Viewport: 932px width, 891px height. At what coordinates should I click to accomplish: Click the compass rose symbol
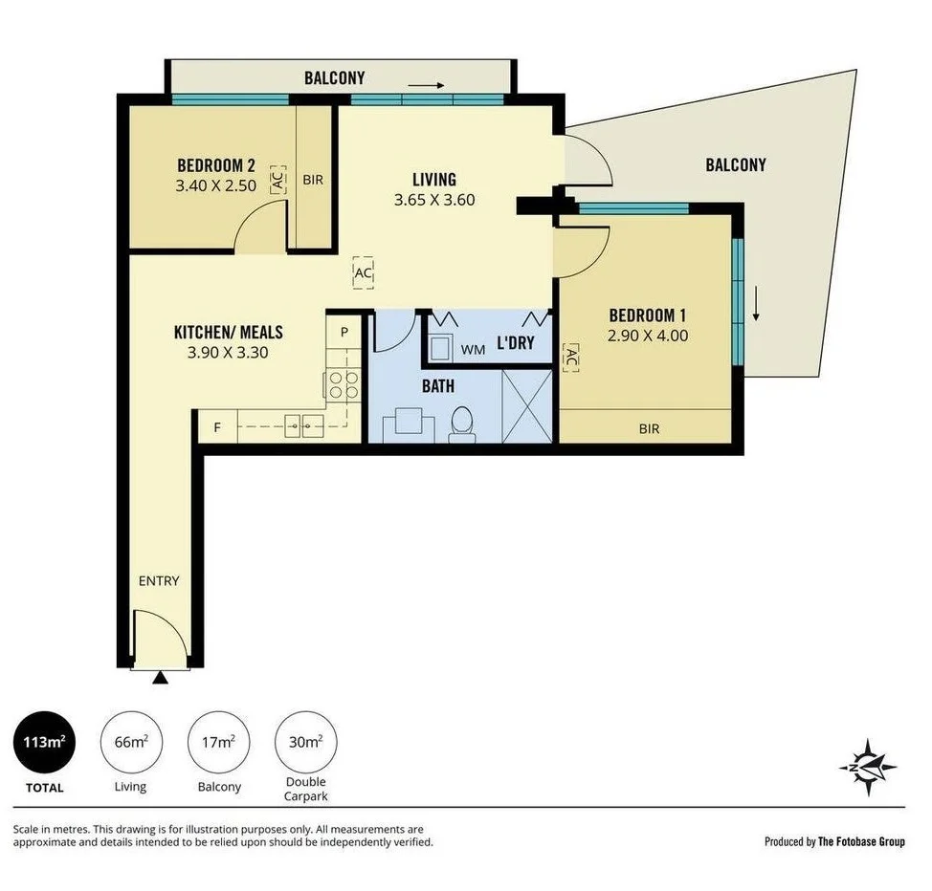pos(869,767)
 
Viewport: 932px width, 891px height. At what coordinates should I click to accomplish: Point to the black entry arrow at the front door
pos(160,678)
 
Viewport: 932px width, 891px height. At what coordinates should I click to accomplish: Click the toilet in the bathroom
pos(462,424)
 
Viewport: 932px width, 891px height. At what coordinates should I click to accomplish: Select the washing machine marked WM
pos(443,346)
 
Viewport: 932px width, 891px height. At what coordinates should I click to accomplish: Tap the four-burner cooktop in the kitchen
pos(344,384)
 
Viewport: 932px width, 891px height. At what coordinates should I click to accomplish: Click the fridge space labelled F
pos(217,427)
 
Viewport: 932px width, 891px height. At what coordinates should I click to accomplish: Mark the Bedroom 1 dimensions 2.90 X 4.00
pos(648,336)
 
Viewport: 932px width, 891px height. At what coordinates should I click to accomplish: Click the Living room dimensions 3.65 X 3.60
pos(434,201)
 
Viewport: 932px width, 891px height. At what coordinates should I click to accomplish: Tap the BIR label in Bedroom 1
pos(649,429)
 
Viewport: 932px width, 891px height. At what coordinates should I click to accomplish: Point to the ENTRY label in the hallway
pos(159,580)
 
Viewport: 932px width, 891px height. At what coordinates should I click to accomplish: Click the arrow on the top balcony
pos(429,86)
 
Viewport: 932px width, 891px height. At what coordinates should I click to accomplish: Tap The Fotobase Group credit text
pos(834,841)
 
